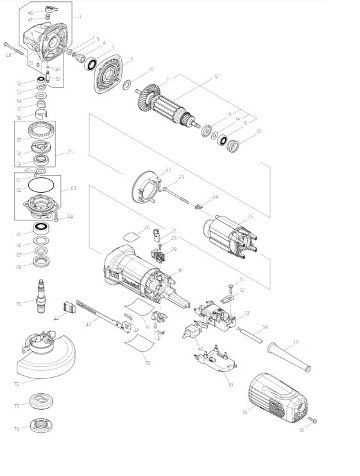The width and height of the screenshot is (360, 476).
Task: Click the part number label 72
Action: pos(17,383)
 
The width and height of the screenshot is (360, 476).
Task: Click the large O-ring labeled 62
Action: pos(42,187)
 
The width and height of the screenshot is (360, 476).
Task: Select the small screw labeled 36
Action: pos(314,421)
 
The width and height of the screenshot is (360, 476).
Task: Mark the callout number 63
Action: pos(73,188)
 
